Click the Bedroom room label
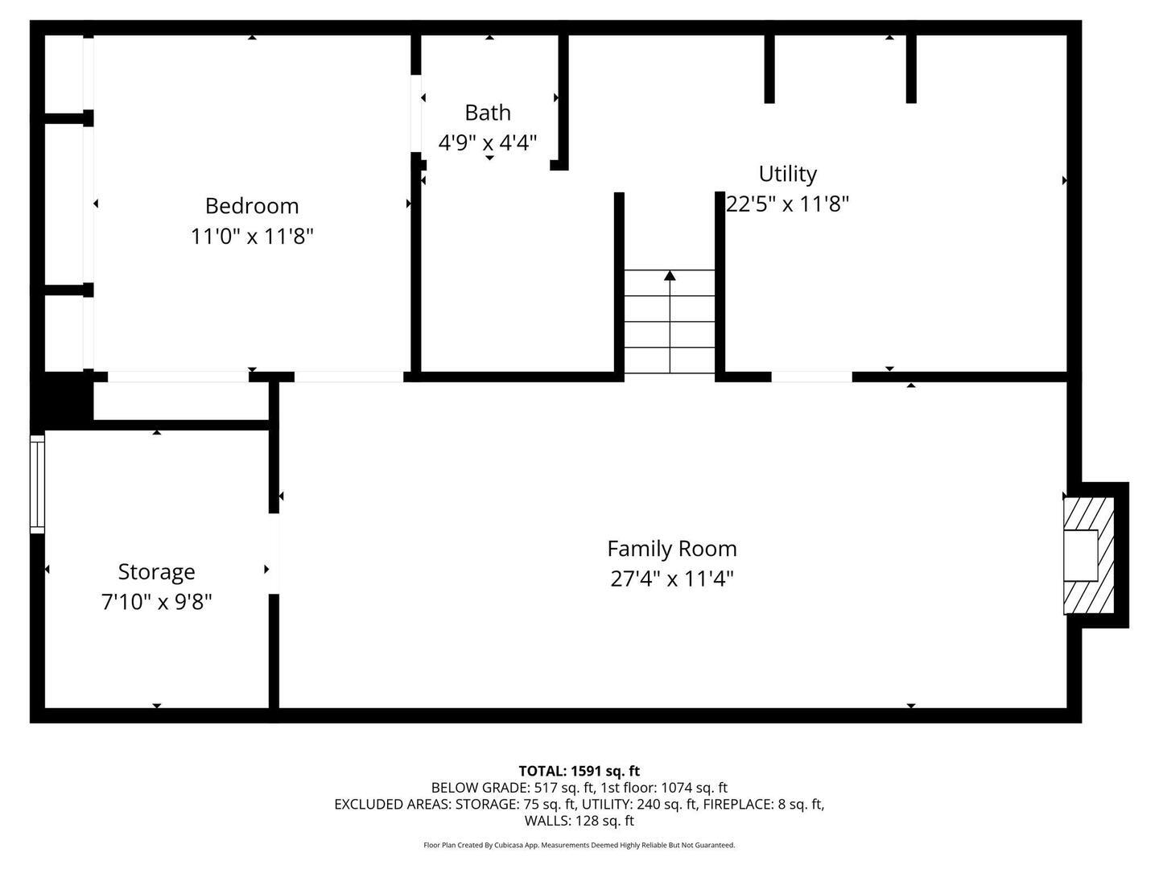pos(252,206)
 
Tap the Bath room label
pos(488,113)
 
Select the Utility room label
pos(787,174)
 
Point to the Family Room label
pos(671,549)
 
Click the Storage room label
pos(156,572)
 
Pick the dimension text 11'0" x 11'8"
pos(252,237)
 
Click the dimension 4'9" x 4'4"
pos(488,142)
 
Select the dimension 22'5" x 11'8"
pos(787,204)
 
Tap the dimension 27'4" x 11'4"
pos(671,579)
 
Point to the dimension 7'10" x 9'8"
pos(156,602)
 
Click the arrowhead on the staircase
pos(670,275)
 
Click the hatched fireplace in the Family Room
pos(1089,555)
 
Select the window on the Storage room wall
pos(37,484)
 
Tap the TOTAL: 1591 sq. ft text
pos(579,772)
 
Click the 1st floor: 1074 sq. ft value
pos(664,788)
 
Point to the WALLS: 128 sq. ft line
pos(579,821)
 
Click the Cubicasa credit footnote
pos(579,845)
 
